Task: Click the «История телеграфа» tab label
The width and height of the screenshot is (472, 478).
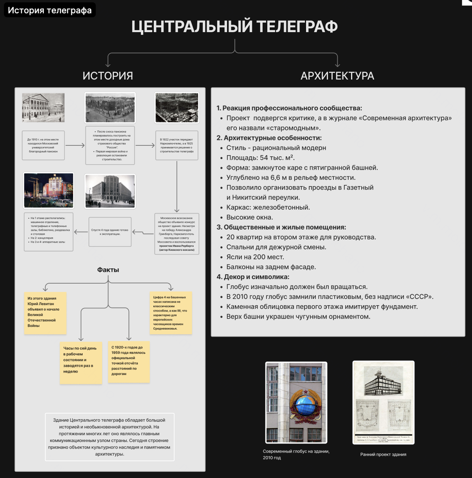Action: [x=50, y=10]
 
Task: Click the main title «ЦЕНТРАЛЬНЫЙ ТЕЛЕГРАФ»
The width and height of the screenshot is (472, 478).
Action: [x=234, y=27]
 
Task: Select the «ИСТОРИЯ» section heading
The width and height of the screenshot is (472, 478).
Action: [x=108, y=76]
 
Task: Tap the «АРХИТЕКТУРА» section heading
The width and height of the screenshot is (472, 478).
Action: [x=337, y=76]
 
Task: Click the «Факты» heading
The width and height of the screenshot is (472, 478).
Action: [x=108, y=270]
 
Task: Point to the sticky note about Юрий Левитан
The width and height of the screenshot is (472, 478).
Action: [x=45, y=313]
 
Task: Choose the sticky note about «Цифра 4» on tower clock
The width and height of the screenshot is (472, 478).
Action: [x=171, y=313]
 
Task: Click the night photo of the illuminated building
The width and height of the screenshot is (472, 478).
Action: [x=49, y=190]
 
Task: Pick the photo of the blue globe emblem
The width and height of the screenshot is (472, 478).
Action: [x=296, y=402]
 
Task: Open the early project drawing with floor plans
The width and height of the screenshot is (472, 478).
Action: [x=383, y=402]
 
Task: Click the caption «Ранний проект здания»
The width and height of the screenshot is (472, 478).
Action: [x=383, y=454]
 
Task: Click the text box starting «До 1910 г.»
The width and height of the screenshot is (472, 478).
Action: [x=43, y=145]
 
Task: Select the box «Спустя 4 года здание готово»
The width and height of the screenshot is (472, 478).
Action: [x=110, y=232]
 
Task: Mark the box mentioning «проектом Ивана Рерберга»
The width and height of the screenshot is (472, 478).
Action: [x=177, y=234]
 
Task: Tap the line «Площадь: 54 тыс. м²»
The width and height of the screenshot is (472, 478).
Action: [x=260, y=158]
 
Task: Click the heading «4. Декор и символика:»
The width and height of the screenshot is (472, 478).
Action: [x=253, y=277]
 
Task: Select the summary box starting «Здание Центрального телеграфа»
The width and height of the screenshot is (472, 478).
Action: [x=110, y=437]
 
